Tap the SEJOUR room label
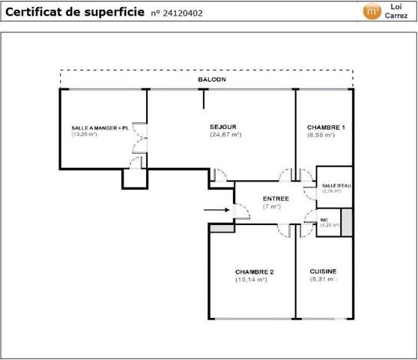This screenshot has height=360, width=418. click(224, 127)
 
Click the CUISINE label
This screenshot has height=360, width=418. click(323, 271)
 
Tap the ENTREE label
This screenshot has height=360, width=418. click(276, 198)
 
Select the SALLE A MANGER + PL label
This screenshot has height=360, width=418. click(100, 128)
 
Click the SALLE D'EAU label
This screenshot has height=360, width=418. click(331, 185)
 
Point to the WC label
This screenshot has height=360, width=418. click(325, 219)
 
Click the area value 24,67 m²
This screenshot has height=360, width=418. click(225, 135)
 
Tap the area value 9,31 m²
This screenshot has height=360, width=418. click(324, 280)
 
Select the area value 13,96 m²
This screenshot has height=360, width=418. click(85, 135)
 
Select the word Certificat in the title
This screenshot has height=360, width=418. click(33, 12)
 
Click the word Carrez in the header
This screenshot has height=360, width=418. click(396, 16)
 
